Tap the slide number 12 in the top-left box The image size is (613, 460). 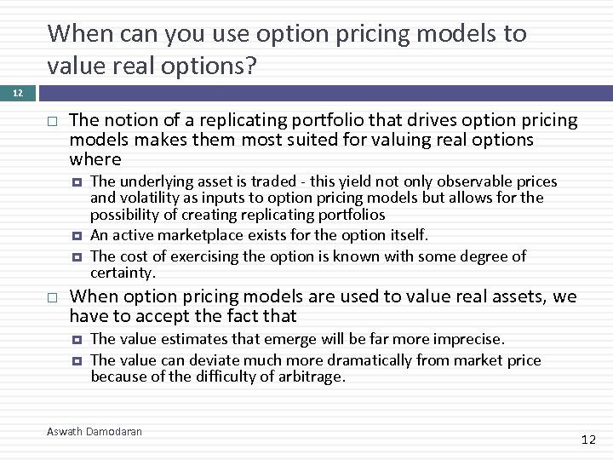(18, 92)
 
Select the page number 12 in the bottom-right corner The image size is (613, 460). (588, 440)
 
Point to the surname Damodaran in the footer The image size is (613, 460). (115, 432)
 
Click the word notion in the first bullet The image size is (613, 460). (126, 121)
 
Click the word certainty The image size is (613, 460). (123, 273)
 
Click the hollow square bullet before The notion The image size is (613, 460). (53, 121)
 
